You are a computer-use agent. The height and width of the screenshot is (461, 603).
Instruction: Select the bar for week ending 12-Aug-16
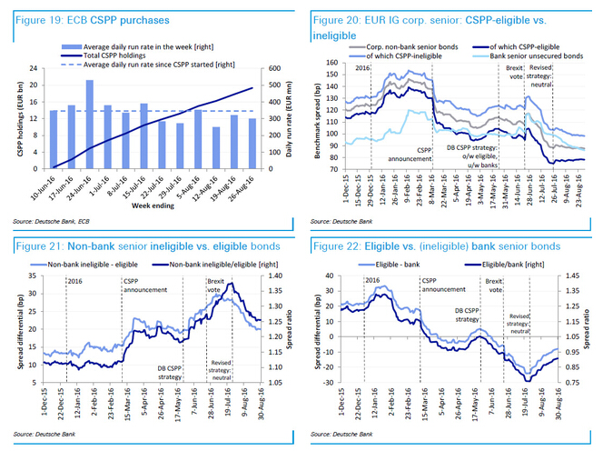pyautogui.click(x=216, y=148)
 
